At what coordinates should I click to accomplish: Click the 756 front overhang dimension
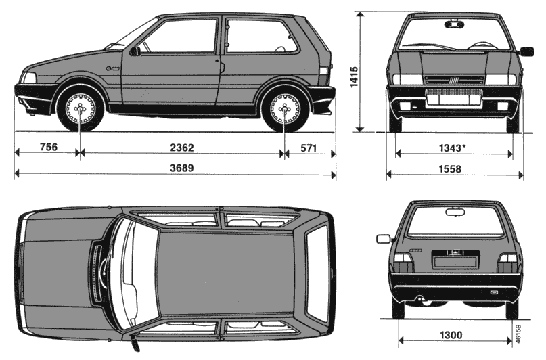(49, 147)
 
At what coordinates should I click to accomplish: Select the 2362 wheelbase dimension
(182, 148)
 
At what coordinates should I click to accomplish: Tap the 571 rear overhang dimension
(309, 148)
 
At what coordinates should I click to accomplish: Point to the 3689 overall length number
(182, 168)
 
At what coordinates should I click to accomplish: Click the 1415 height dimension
(354, 77)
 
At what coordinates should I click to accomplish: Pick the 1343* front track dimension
(452, 148)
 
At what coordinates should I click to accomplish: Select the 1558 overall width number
(450, 169)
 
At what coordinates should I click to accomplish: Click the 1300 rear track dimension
(451, 335)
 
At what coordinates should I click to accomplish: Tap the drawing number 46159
(518, 334)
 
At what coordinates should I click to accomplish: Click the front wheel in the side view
(81, 109)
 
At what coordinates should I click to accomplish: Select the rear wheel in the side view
(286, 109)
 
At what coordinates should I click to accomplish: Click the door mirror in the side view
(135, 51)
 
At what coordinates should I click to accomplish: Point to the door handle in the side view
(217, 61)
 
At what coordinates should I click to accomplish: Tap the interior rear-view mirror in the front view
(455, 24)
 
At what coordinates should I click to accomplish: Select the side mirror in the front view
(527, 51)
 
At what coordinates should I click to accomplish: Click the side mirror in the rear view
(384, 239)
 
